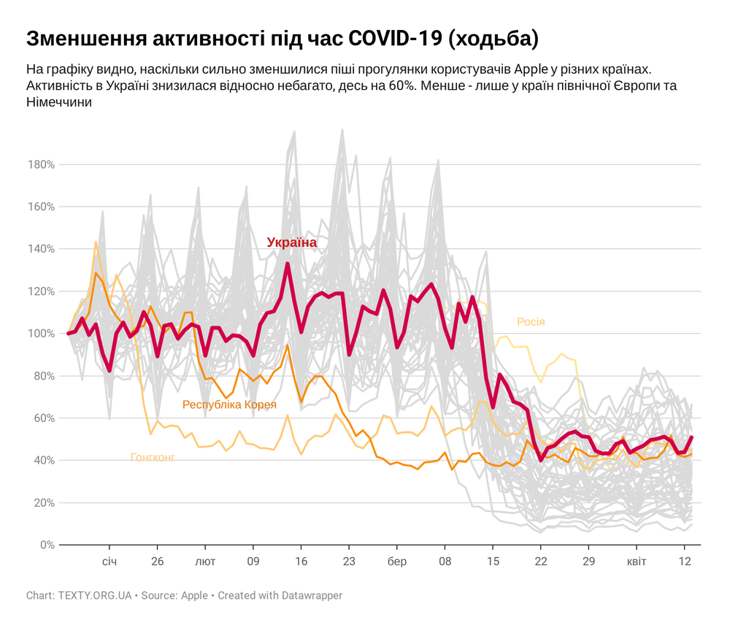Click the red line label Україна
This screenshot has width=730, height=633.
292,242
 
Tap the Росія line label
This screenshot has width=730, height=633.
531,322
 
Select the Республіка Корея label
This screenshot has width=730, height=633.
229,404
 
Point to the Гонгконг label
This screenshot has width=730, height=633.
153,458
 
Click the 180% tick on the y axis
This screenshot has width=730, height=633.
41,164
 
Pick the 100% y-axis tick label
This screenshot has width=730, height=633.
41,334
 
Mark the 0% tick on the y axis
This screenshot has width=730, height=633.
47,545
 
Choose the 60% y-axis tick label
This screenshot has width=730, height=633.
43,418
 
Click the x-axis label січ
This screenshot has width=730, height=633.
109,562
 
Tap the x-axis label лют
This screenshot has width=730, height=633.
205,562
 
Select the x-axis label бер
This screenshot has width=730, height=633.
397,562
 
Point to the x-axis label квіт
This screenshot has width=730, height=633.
637,562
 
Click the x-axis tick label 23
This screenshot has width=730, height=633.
349,562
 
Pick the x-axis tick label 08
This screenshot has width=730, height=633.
445,562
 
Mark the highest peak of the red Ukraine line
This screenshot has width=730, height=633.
288,264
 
